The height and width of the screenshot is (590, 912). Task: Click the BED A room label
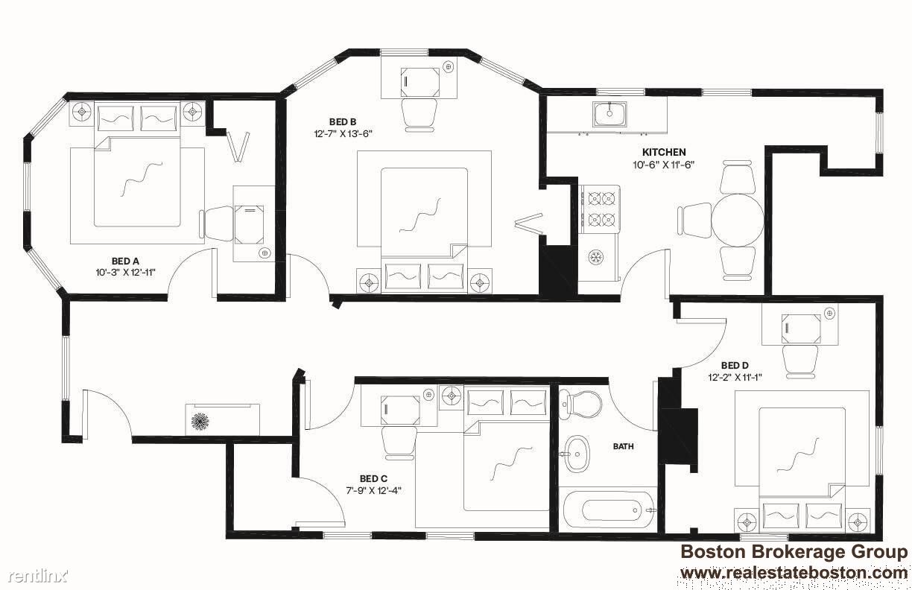click(x=125, y=261)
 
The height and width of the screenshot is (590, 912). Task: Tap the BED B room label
click(x=343, y=121)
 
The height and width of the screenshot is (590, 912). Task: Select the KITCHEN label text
click(x=664, y=152)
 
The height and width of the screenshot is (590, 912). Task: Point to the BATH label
click(x=624, y=447)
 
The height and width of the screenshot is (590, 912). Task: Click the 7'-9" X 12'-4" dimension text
click(x=374, y=491)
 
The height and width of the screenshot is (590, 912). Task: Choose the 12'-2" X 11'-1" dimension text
click(x=735, y=378)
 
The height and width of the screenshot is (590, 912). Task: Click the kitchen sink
click(x=609, y=114)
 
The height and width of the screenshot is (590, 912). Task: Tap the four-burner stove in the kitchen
click(x=600, y=209)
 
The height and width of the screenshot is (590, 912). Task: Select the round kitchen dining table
click(x=738, y=220)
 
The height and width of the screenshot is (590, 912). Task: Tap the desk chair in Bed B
click(x=419, y=115)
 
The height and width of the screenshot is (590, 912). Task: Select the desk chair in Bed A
click(x=217, y=223)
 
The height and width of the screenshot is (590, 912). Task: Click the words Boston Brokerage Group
click(x=794, y=552)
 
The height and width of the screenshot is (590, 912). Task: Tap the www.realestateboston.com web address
click(x=794, y=573)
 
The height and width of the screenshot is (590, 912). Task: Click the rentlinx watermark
click(x=39, y=576)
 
